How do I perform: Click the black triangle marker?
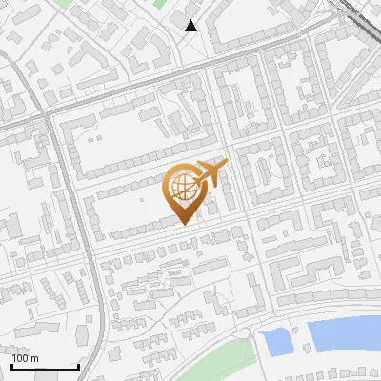pyautogui.click(x=191, y=26)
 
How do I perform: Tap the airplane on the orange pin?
pyautogui.click(x=210, y=173)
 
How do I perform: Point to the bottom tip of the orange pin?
pyautogui.click(x=184, y=225)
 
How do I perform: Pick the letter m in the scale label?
pyautogui.click(x=35, y=358)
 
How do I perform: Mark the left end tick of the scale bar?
pyautogui.click(x=12, y=365)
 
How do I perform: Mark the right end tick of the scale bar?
pyautogui.click(x=78, y=365)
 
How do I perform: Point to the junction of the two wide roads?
pyautogui.click(x=48, y=114)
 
